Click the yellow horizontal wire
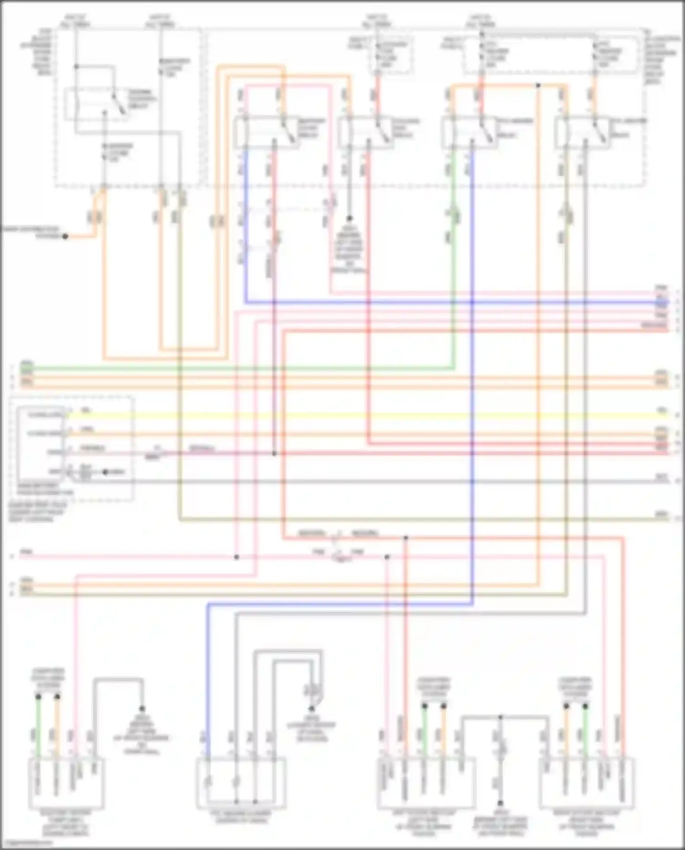(x=365, y=416)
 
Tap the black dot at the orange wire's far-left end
(x=65, y=237)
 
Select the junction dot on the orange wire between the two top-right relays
(x=538, y=85)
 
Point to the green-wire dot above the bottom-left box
(x=38, y=697)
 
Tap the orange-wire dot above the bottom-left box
(x=57, y=697)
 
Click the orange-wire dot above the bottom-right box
(x=566, y=706)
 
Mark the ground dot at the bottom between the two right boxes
(x=500, y=803)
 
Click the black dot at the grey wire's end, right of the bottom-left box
(x=142, y=709)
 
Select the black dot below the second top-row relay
(x=349, y=219)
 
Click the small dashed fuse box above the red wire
(x=391, y=55)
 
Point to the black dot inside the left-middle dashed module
(x=105, y=472)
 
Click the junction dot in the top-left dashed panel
(x=76, y=67)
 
